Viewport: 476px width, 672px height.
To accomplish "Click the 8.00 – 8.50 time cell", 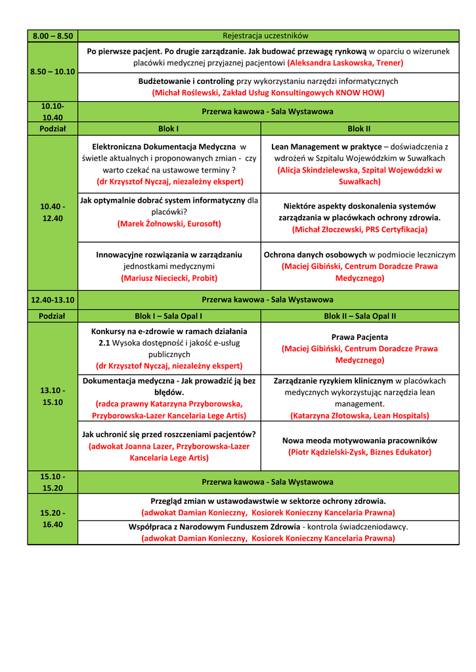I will (53, 35).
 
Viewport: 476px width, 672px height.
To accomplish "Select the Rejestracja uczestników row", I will (265, 35).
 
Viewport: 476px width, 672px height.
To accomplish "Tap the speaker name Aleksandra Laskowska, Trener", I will (345, 63).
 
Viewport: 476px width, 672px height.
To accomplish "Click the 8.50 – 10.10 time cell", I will (53, 71).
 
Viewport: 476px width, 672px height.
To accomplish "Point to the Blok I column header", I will (169, 129).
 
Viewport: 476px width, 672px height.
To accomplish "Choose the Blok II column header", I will (359, 129).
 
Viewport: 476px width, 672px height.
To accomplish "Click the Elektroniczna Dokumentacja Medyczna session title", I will (163, 146).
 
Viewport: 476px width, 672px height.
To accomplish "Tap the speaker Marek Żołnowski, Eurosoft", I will (169, 224).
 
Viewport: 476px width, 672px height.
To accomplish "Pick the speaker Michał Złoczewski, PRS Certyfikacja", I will (360, 230).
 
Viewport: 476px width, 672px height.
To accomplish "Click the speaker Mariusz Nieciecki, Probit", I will (169, 278).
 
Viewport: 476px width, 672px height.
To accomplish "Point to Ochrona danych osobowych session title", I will (314, 255).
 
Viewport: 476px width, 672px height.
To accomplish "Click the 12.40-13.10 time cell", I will (53, 300).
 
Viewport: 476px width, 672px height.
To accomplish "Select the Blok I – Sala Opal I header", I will (169, 316).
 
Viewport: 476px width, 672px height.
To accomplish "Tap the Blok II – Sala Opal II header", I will (360, 316).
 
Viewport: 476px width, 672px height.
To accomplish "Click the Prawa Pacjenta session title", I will (360, 337).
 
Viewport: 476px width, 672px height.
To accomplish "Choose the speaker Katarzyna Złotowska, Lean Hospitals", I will (360, 415).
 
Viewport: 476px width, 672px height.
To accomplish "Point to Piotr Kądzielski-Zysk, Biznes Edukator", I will (360, 452).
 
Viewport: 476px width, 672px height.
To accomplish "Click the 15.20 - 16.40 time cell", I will (53, 518).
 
